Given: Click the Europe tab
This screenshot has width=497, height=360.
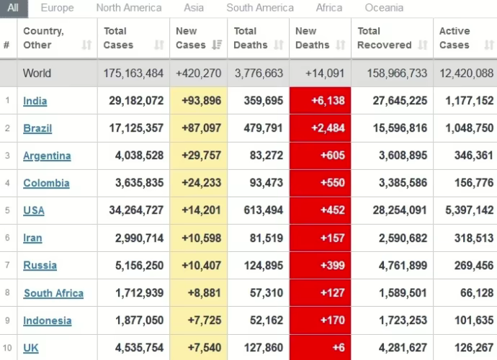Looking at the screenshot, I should click(57, 8).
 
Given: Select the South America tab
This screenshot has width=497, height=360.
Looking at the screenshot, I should click(260, 8).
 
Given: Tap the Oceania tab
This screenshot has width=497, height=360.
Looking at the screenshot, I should click(384, 8).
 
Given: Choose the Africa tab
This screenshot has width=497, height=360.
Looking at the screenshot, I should click(329, 8).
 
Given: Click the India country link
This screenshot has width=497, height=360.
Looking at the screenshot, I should click(35, 101).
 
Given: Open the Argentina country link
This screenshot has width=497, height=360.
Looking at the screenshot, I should click(47, 156).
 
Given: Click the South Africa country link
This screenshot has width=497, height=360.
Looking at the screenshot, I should click(53, 293).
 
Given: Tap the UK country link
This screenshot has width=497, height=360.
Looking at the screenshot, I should click(31, 348).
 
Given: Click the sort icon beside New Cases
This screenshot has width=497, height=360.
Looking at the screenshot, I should click(217, 45).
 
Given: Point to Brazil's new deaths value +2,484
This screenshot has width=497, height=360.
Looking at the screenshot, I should click(328, 128).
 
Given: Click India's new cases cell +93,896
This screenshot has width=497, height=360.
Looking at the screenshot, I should click(206, 101).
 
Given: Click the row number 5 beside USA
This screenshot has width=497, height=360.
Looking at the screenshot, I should click(6, 210).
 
